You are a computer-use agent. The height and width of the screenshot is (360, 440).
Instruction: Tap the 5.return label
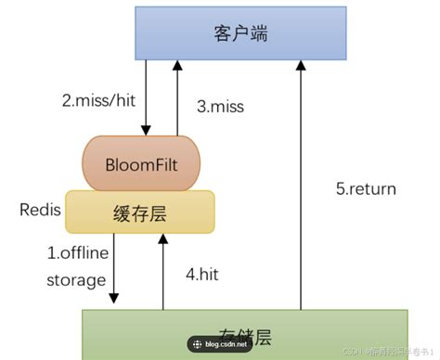[366, 189]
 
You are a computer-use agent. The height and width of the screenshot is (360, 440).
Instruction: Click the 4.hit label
[202, 274]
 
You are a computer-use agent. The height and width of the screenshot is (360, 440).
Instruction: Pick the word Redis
[40, 210]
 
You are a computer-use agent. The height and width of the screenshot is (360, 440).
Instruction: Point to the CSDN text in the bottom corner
[352, 352]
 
